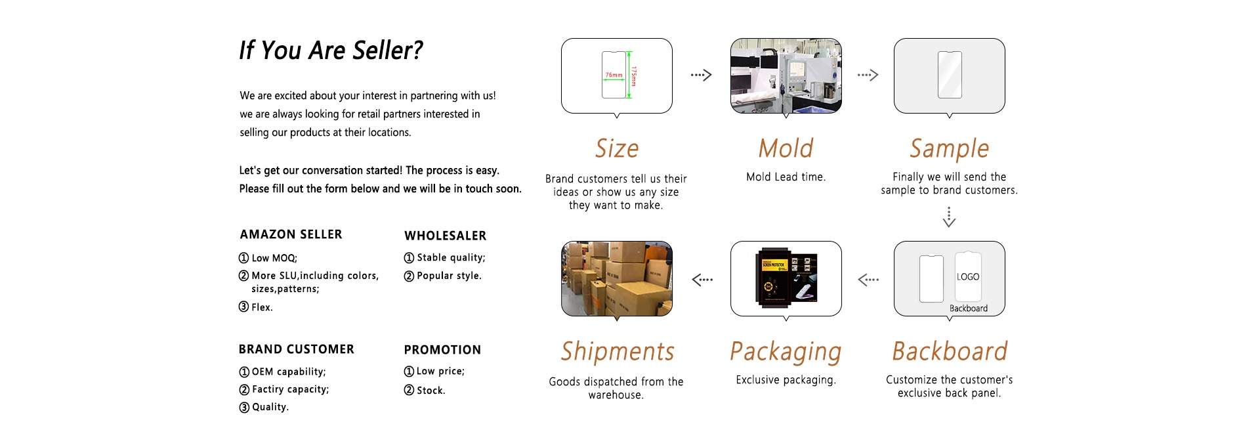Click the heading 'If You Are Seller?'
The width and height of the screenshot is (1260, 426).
pyautogui.click(x=331, y=51)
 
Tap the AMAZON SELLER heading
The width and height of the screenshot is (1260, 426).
pyautogui.click(x=291, y=234)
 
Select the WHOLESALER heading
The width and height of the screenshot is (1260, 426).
pyautogui.click(x=445, y=236)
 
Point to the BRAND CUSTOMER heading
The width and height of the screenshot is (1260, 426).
pyautogui.click(x=296, y=349)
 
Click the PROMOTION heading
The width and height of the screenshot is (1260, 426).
pyautogui.click(x=442, y=350)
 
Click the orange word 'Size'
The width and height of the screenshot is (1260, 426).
pyautogui.click(x=616, y=148)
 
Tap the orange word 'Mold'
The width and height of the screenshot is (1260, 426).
pyautogui.click(x=786, y=148)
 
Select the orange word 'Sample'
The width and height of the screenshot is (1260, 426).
pyautogui.click(x=949, y=149)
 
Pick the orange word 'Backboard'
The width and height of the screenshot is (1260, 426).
pyautogui.click(x=949, y=351)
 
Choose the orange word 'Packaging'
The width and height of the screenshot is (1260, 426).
pyautogui.click(x=786, y=352)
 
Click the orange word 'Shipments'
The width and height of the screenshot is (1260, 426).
pyautogui.click(x=617, y=351)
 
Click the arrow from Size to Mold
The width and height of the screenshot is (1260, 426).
pyautogui.click(x=701, y=75)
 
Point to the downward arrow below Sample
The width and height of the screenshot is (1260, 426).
pyautogui.click(x=949, y=217)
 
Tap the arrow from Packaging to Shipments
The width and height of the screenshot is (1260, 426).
pyautogui.click(x=702, y=280)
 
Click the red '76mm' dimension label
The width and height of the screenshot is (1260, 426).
pyautogui.click(x=614, y=75)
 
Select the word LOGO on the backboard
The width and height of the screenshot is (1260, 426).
pyautogui.click(x=968, y=277)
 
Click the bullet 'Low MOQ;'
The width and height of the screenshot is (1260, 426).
pyautogui.click(x=274, y=258)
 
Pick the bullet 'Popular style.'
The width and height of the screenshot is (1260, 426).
pyautogui.click(x=449, y=276)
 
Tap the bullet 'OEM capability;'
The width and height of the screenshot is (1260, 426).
pyautogui.click(x=288, y=372)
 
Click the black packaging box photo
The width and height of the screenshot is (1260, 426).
pyautogui.click(x=786, y=278)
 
